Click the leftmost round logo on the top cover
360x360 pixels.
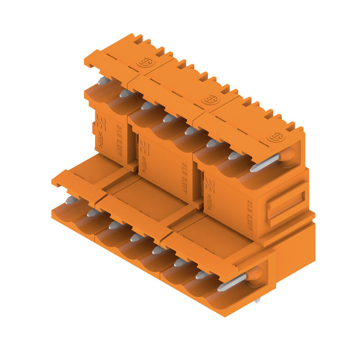(145, 62)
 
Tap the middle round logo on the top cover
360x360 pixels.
(210, 99)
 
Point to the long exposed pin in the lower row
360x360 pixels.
(232, 282)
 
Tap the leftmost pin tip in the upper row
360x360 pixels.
(103, 81)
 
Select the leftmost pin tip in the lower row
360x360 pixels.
(70, 200)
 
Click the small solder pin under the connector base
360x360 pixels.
(257, 300)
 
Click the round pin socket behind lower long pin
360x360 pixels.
(254, 274)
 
